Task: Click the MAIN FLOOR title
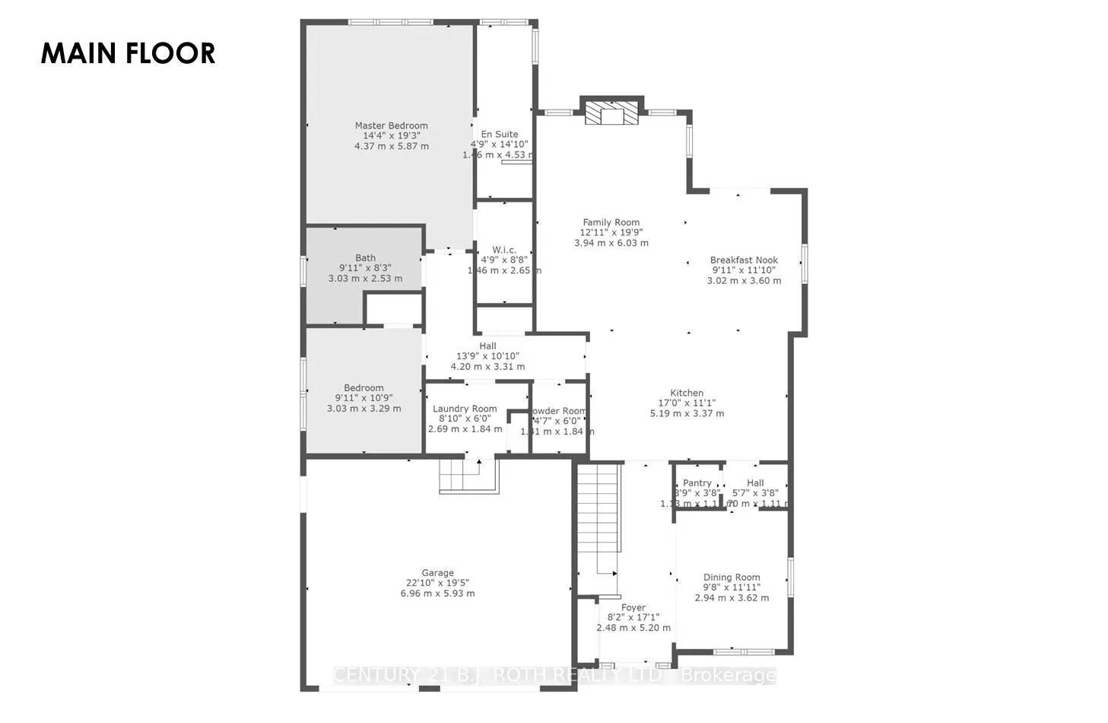128,53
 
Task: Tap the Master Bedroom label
391,126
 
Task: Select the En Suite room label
500,134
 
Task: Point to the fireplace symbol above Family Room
611,113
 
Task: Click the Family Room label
611,222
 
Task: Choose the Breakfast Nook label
744,260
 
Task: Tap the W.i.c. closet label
504,250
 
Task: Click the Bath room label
365,258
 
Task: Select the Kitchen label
686,393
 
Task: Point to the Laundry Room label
465,409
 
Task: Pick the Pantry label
697,483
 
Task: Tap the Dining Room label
732,577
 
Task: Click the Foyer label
633,607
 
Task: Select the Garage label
437,573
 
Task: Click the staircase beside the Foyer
598,525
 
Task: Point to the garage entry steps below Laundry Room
461,477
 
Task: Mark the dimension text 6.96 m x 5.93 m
437,594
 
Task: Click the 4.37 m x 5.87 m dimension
391,146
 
